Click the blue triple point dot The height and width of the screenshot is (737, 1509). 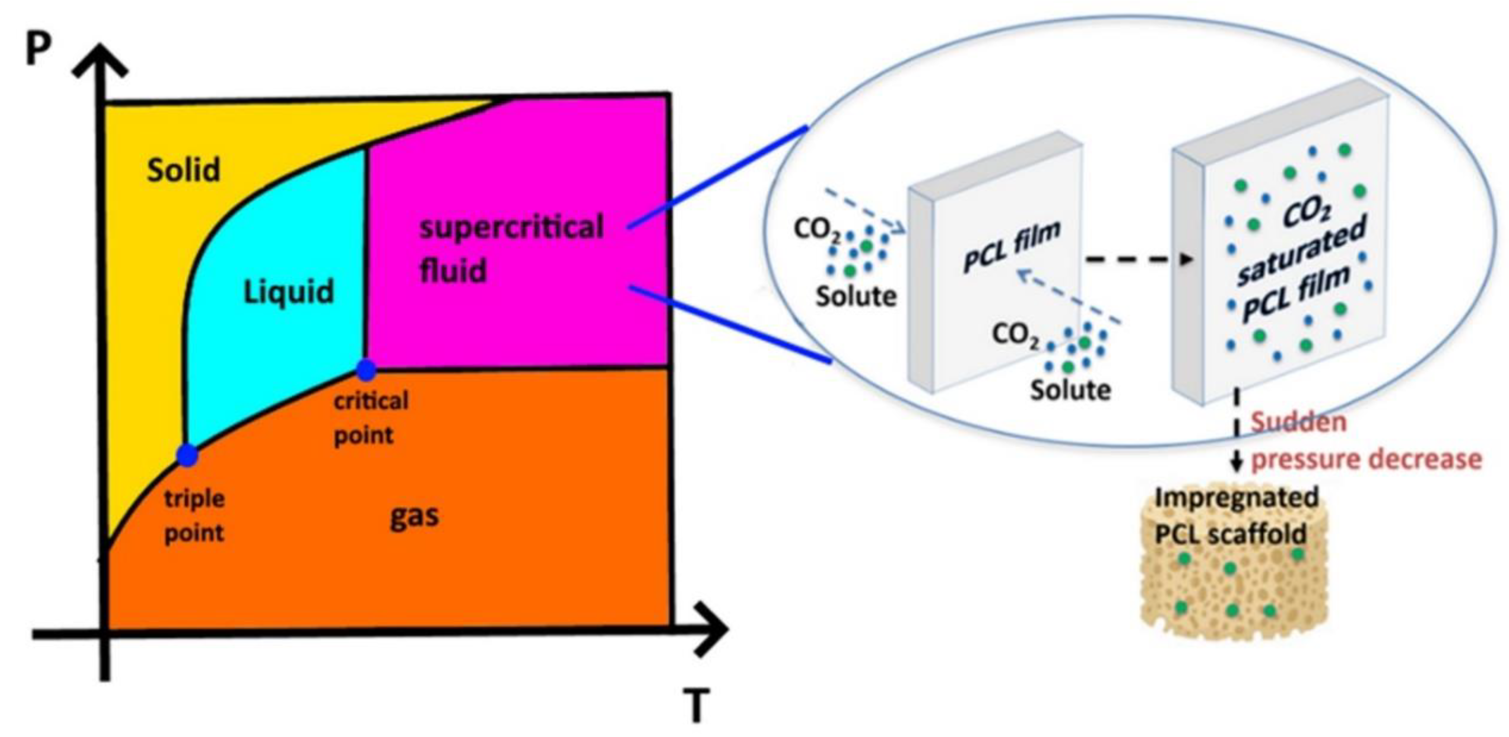click(x=188, y=455)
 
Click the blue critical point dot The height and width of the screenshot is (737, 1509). click(x=366, y=370)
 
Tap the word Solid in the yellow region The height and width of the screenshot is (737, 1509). click(x=183, y=171)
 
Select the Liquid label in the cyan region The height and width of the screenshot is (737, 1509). click(x=288, y=292)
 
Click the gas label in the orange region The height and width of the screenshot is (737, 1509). click(x=414, y=516)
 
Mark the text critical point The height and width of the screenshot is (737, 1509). click(x=370, y=418)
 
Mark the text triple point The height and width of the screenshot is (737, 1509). click(x=194, y=516)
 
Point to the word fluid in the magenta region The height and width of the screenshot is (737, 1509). click(x=453, y=272)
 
